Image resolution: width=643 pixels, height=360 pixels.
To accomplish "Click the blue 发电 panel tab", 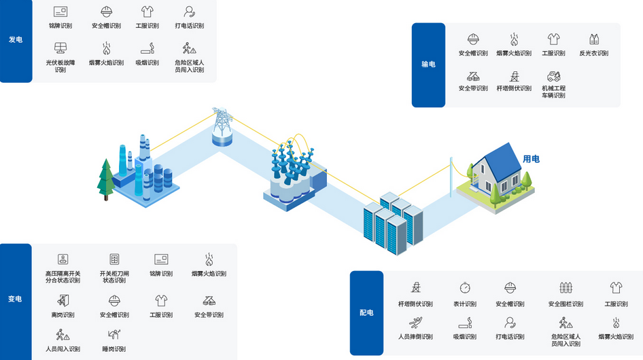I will [x=16, y=40].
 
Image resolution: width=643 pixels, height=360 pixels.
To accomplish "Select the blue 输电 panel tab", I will [x=428, y=65].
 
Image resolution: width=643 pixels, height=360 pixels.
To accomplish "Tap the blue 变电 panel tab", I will [x=15, y=300].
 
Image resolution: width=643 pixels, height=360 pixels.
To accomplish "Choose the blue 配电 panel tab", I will [x=366, y=312].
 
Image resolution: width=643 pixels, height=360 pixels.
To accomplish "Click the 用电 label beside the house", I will [x=531, y=159].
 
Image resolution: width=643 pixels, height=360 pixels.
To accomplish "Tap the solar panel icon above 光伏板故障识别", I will [x=60, y=48].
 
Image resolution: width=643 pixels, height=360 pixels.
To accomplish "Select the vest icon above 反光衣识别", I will [x=593, y=39].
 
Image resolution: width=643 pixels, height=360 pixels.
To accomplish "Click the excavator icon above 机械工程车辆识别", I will [x=553, y=76].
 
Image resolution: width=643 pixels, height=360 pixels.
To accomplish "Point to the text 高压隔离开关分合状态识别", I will [x=63, y=276].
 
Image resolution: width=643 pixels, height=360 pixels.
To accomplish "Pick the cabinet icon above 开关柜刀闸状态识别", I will [x=114, y=259].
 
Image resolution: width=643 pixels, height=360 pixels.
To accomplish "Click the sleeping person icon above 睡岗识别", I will [x=114, y=334].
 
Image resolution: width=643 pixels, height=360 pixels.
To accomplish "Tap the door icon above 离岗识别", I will [x=63, y=300].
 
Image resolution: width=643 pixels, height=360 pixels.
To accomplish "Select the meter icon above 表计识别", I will [x=465, y=288].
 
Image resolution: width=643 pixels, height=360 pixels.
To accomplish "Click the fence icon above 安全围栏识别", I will [x=566, y=288].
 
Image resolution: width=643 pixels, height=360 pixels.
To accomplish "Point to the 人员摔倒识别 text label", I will [x=415, y=336].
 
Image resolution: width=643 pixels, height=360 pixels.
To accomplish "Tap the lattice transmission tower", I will [x=221, y=123].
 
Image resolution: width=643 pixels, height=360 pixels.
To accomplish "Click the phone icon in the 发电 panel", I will [x=190, y=12].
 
